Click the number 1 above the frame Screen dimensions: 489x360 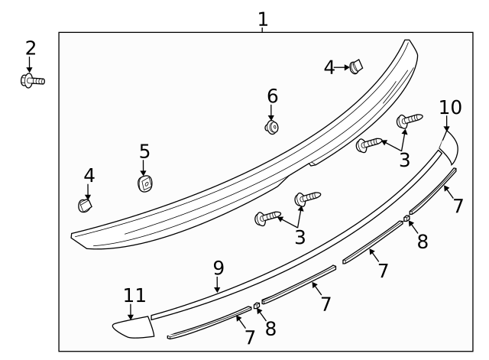pos(263,19)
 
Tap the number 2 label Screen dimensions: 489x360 pos(31,48)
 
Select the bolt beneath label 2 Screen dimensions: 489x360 pos(32,81)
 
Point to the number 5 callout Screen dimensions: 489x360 pos(144,151)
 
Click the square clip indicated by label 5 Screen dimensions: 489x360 pos(144,183)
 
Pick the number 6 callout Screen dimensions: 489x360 pos(272,96)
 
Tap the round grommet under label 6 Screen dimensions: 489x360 pos(272,128)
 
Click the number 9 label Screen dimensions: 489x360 pos(219,268)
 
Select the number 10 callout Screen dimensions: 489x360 pos(450,107)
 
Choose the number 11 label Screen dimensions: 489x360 pos(134,295)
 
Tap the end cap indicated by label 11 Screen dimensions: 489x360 pos(134,327)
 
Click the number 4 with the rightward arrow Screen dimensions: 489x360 pos(329,68)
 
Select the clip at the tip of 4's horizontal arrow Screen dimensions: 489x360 pos(356,66)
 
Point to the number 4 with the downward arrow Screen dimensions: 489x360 pos(89,175)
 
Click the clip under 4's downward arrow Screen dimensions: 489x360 pos(85,206)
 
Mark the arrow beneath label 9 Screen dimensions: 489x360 pos(217,284)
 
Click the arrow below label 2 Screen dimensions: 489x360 pos(29,64)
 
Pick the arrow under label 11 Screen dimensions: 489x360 pos(131,311)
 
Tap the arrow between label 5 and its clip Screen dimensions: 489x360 pos(143,167)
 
